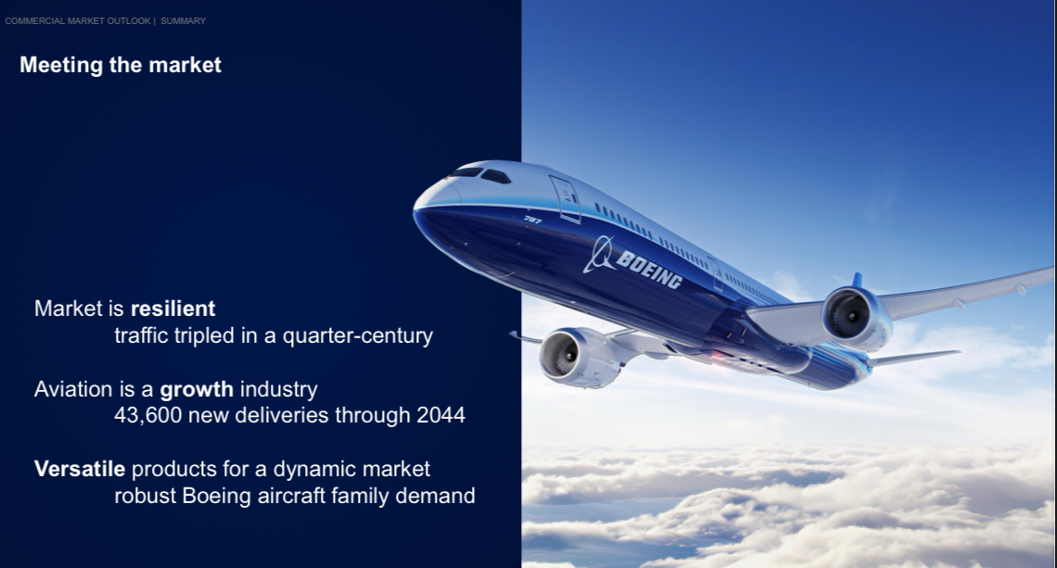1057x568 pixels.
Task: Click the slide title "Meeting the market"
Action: pyautogui.click(x=120, y=65)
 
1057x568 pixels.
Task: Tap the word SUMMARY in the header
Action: pyautogui.click(x=183, y=21)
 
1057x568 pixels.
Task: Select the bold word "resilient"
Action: pyautogui.click(x=172, y=309)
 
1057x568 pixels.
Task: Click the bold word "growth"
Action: pyautogui.click(x=197, y=389)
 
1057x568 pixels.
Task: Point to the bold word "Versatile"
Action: pyautogui.click(x=80, y=469)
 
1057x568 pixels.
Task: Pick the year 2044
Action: pyautogui.click(x=440, y=415)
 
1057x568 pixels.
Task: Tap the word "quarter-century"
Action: pyautogui.click(x=357, y=336)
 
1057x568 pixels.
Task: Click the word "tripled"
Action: pyautogui.click(x=204, y=336)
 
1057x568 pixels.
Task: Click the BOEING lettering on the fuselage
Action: pyautogui.click(x=648, y=269)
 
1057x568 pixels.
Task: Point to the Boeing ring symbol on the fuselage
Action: pyautogui.click(x=599, y=254)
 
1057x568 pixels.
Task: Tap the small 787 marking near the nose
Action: pyautogui.click(x=532, y=219)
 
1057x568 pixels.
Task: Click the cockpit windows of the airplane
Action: pyautogui.click(x=480, y=174)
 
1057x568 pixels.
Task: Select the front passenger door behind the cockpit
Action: pyautogui.click(x=565, y=199)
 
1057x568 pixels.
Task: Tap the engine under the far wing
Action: pyautogui.click(x=856, y=317)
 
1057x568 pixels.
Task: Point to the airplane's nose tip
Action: pyautogui.click(x=414, y=211)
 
